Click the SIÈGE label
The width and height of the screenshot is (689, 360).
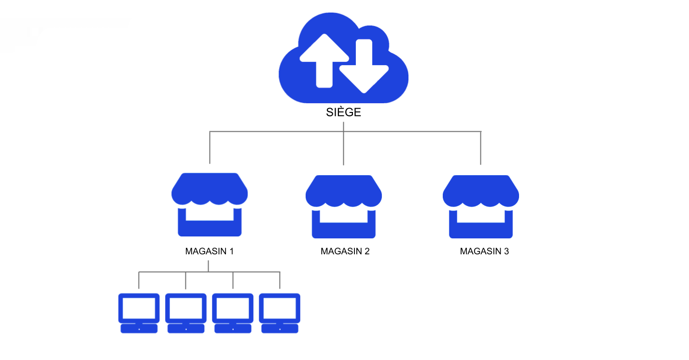[343, 112]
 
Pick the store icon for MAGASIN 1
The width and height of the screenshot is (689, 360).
[210, 205]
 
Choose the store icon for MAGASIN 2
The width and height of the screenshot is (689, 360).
[343, 207]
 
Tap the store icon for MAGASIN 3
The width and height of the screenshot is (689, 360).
[481, 207]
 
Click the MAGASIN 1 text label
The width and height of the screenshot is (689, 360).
[210, 251]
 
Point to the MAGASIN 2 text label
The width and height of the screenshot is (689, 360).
[345, 251]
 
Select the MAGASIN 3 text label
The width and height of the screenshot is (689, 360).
[484, 251]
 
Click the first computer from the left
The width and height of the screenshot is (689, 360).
[139, 313]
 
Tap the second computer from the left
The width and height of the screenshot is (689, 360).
[186, 313]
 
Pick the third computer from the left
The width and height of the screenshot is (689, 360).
[233, 313]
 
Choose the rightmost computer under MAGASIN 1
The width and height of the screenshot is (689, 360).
[280, 313]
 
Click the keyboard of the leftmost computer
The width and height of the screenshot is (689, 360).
[139, 329]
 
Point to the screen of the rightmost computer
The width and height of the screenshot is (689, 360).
[280, 307]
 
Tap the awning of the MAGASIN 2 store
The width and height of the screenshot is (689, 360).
[343, 191]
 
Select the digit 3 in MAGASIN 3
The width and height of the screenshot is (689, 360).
[506, 251]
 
